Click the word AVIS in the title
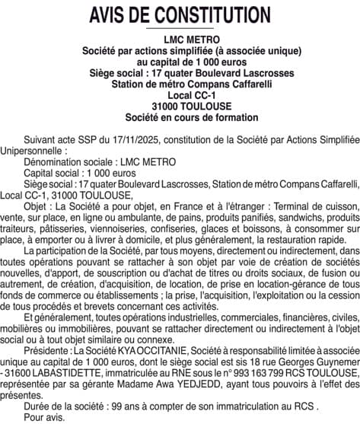coord(115,14)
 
